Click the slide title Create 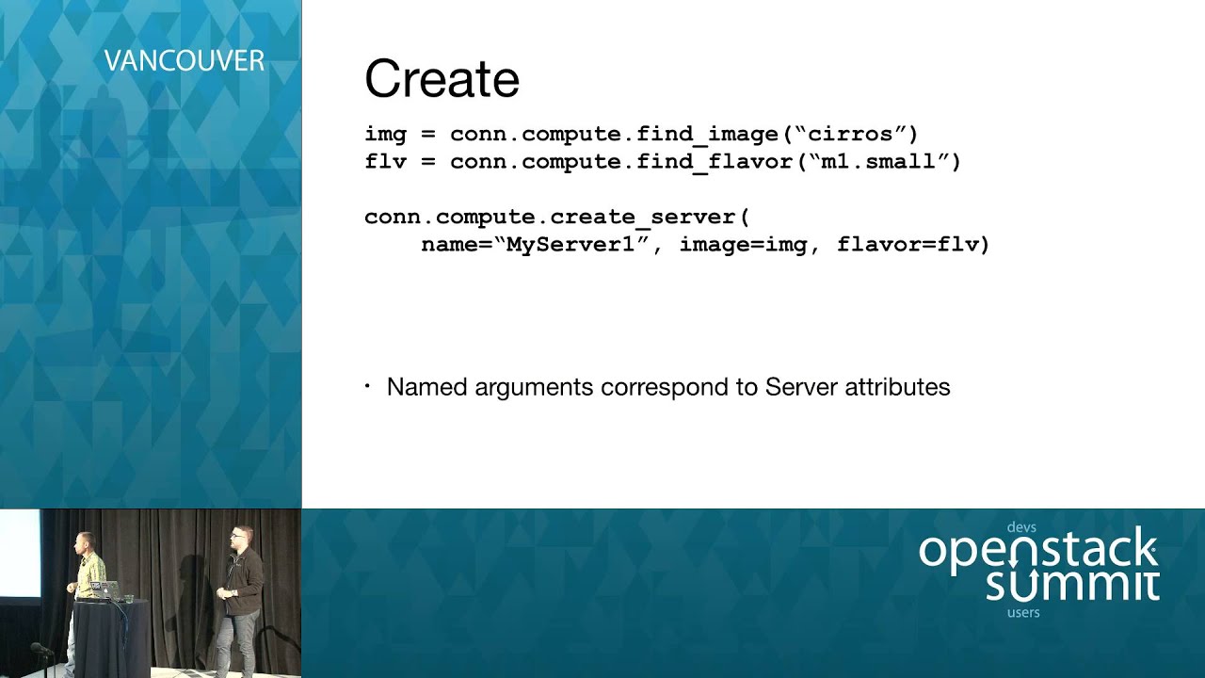coord(442,79)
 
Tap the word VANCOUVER coord(184,62)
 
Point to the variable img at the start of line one coord(385,134)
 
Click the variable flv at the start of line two coord(385,162)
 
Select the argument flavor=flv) coord(913,245)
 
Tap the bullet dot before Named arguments coord(368,387)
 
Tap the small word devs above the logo coord(1021,527)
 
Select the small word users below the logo coord(1023,613)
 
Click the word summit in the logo coord(1072,584)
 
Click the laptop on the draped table coord(104,589)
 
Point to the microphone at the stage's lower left coord(40,649)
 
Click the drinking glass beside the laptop coord(129,595)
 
